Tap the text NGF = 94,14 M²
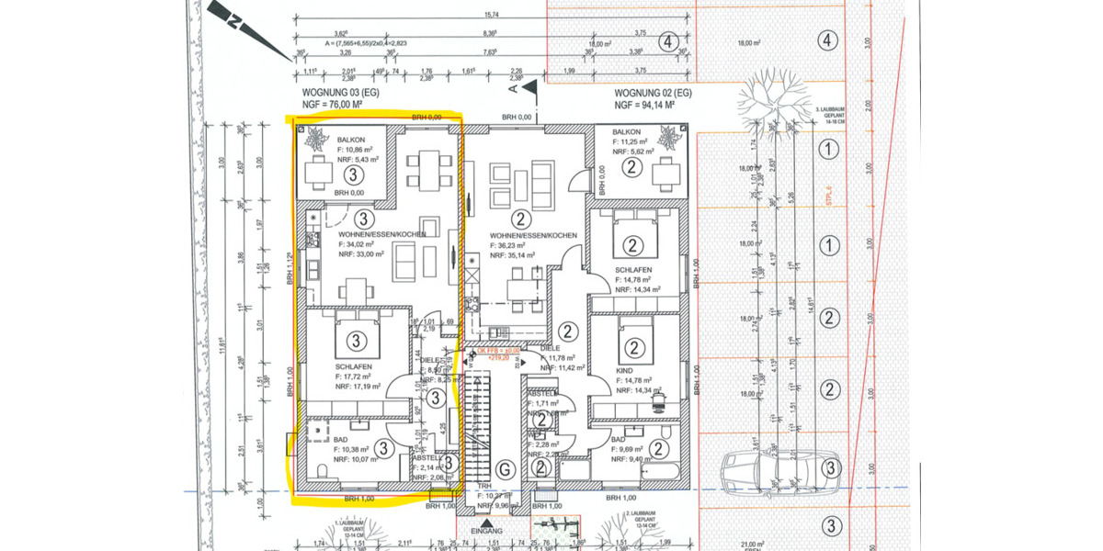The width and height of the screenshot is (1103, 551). pyautogui.click(x=652, y=106)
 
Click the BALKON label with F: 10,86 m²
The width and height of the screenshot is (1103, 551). pyautogui.click(x=326, y=140)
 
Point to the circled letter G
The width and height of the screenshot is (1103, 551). pyautogui.click(x=503, y=469)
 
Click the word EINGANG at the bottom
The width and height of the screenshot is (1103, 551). pyautogui.click(x=486, y=532)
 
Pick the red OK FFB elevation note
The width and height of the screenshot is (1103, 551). pyautogui.click(x=498, y=353)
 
